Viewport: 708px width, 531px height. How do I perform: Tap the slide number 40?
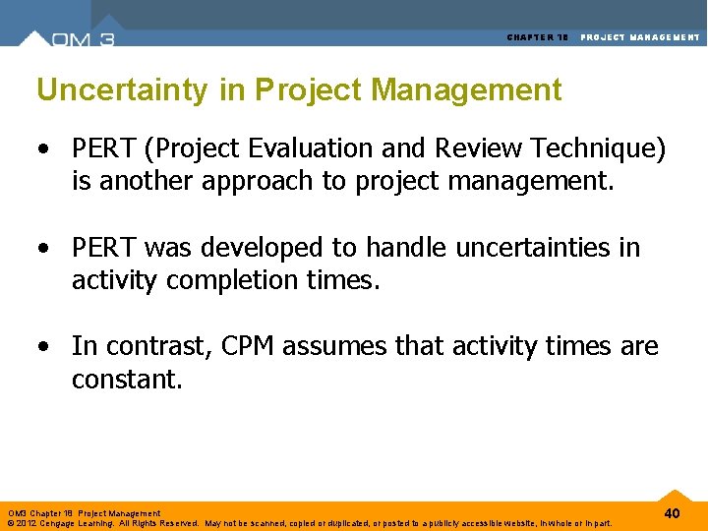point(673,513)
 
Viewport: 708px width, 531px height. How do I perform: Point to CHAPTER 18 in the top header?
point(538,37)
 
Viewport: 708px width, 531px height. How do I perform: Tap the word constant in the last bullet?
point(126,380)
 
